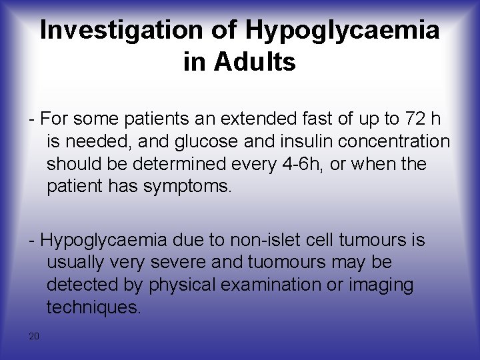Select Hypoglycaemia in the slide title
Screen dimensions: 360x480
tap(342, 30)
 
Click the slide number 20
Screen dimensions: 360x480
tap(34, 335)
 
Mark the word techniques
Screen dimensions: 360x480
tap(93, 307)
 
